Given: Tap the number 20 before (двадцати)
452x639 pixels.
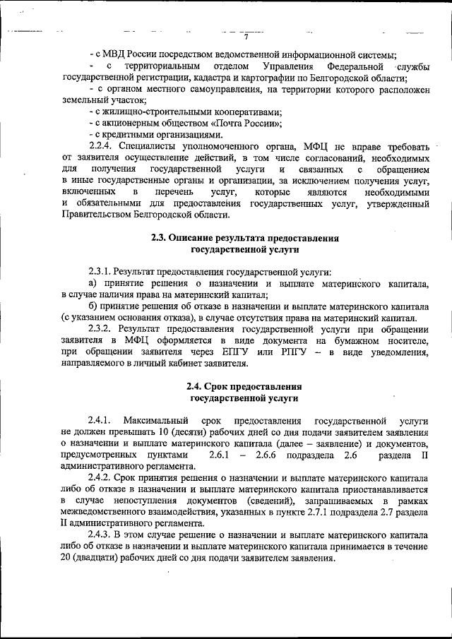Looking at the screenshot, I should [x=68, y=557].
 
